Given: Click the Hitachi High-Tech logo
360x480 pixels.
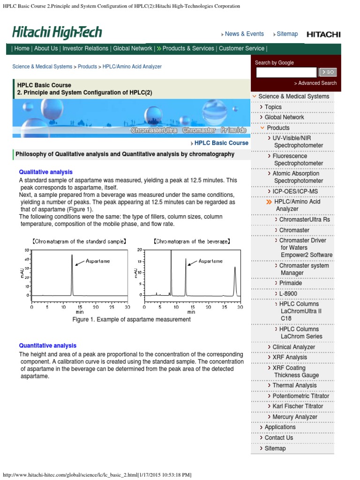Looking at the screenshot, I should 57,33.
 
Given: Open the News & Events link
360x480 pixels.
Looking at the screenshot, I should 244,34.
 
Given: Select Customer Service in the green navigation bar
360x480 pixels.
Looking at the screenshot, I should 241,48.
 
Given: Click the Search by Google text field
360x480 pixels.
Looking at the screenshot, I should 286,72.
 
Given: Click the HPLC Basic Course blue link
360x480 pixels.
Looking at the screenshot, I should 221,143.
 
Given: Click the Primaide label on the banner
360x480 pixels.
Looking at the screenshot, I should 233,130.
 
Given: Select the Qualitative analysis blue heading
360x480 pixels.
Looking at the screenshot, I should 45,172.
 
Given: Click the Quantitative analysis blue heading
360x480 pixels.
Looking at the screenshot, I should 47,345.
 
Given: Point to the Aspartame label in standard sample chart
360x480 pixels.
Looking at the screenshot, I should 97,261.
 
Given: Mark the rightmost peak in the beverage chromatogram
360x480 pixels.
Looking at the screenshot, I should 235,281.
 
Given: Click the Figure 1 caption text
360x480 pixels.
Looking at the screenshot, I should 131,319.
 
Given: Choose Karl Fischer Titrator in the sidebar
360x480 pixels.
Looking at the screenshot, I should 298,406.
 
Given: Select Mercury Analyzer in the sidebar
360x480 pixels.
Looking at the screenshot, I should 295,417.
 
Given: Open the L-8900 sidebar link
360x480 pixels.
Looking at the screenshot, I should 288,293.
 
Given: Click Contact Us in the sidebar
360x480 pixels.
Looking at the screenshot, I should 278,437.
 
